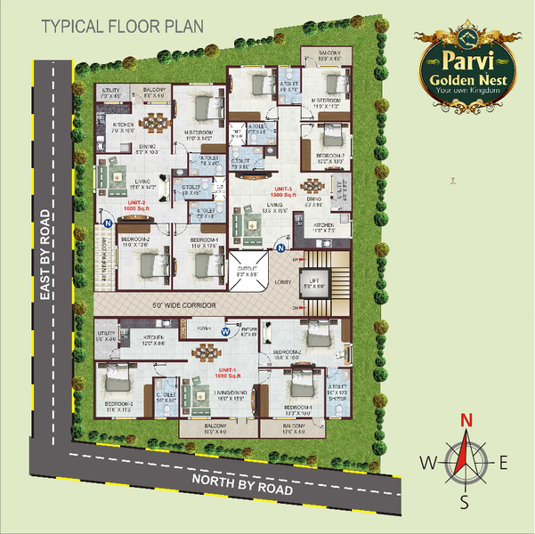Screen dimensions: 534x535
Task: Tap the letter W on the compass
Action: click(x=426, y=462)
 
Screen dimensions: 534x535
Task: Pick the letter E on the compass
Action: click(x=503, y=462)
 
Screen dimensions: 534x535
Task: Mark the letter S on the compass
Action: click(x=464, y=503)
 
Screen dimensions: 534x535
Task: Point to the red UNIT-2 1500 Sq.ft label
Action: click(x=136, y=206)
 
